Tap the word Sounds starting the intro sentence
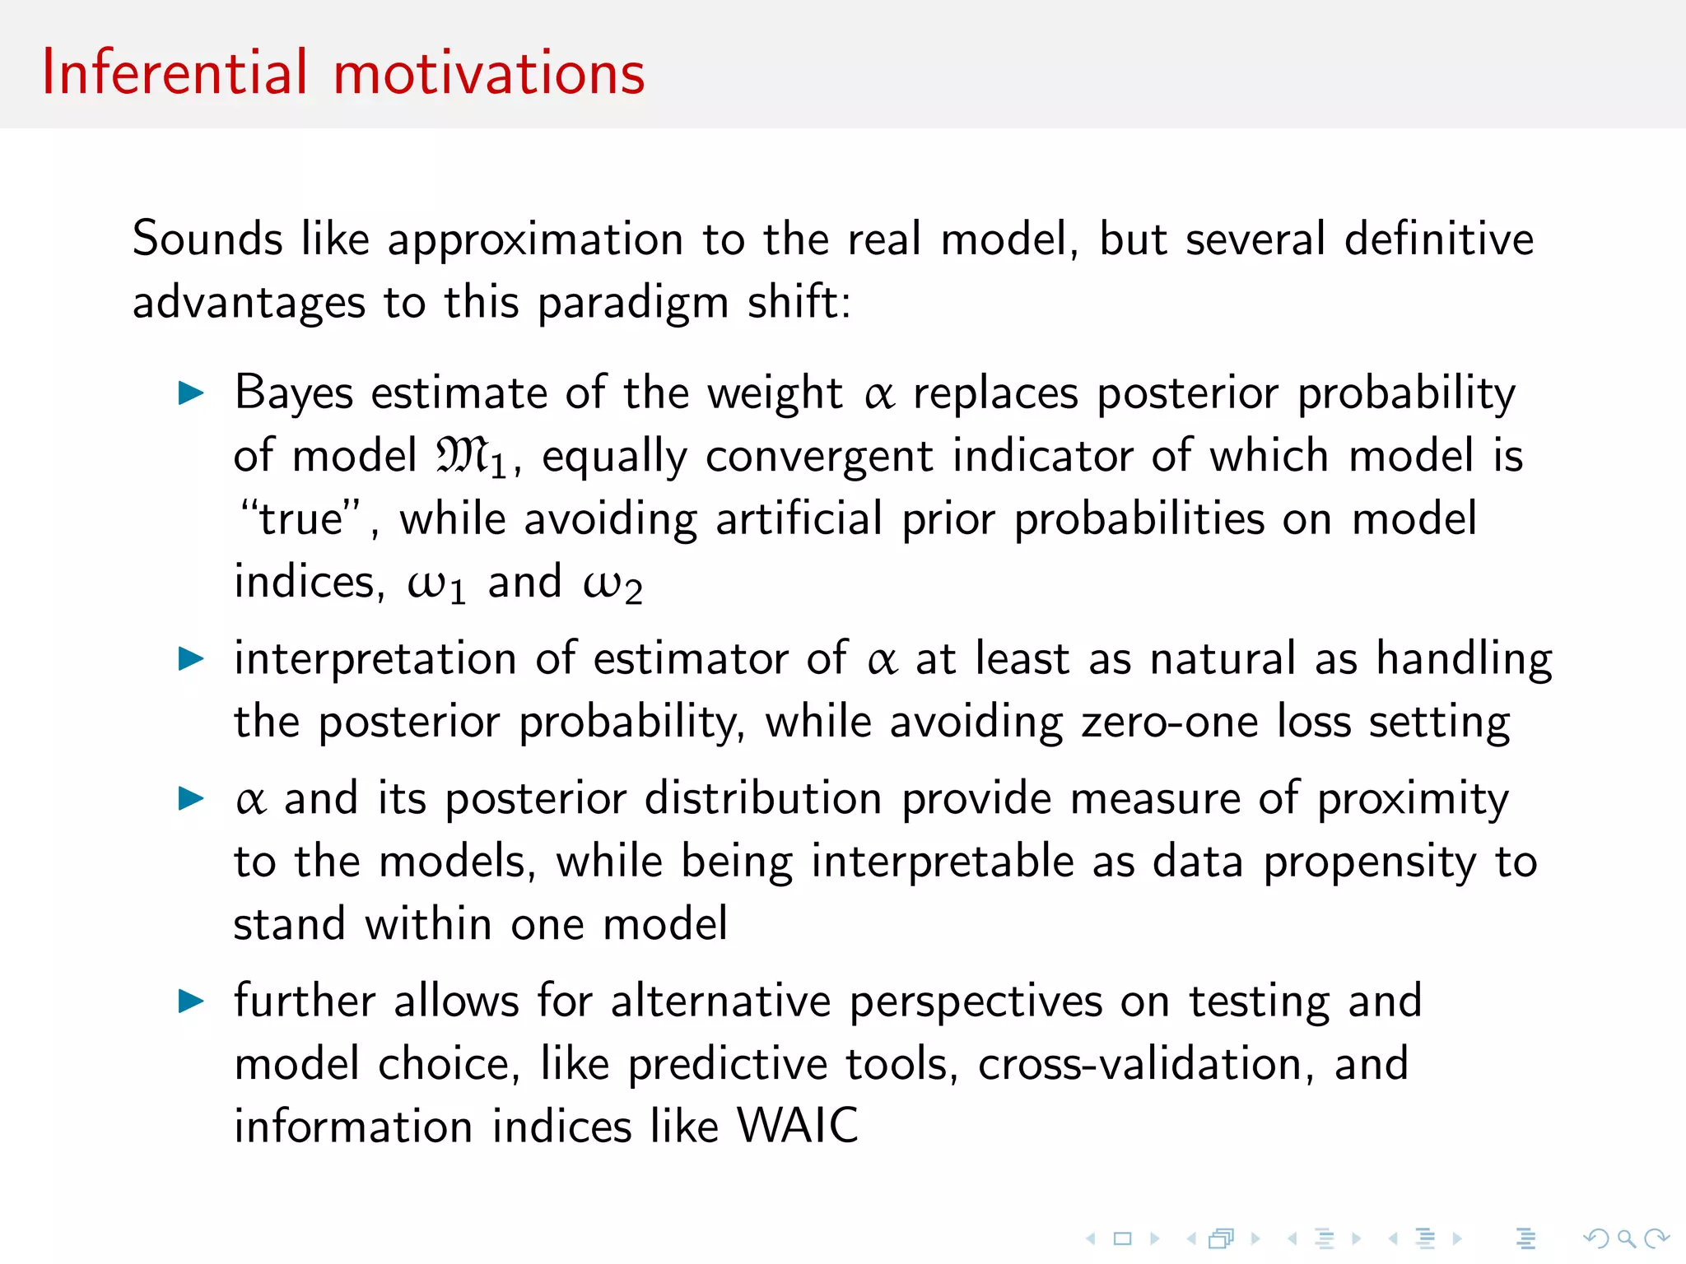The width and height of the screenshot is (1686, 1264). [207, 239]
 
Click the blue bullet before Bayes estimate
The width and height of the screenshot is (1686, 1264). [191, 393]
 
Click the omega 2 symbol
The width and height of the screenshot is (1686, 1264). [612, 584]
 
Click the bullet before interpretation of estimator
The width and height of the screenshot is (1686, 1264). [191, 658]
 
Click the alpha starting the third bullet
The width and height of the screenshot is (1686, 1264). [250, 799]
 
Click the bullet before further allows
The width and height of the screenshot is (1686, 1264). [191, 1001]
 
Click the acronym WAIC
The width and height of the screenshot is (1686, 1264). [797, 1126]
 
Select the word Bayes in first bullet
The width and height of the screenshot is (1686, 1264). [294, 393]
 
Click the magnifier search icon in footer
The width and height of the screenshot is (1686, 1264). [1625, 1238]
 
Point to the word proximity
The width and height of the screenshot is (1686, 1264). [1413, 799]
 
